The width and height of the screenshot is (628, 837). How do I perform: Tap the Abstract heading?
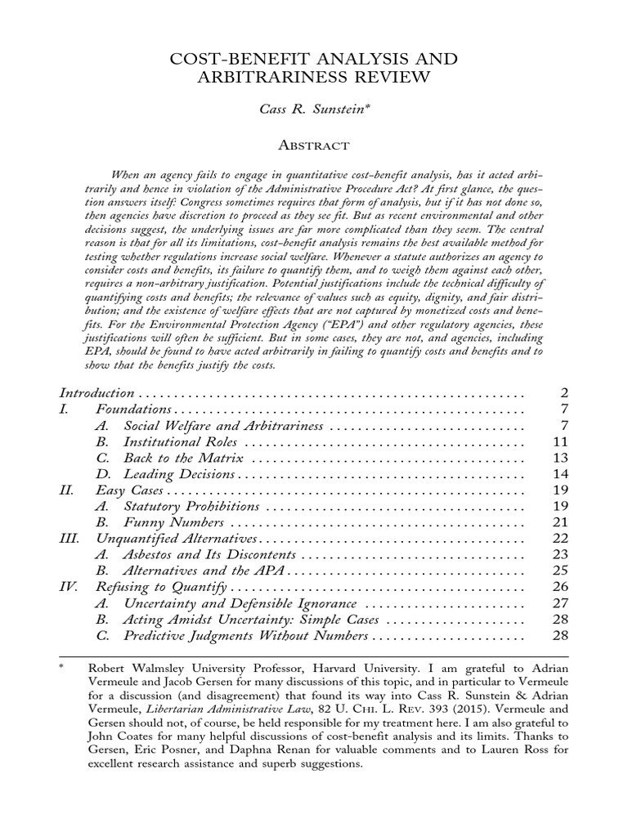pos(314,145)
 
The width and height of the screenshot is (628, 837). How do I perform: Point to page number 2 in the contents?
pos(563,392)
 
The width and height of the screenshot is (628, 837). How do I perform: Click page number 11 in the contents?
pos(560,441)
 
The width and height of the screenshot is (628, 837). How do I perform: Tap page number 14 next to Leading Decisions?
pos(560,474)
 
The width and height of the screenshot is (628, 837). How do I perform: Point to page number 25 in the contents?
pos(560,571)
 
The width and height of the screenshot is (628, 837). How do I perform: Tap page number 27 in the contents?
pos(560,603)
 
